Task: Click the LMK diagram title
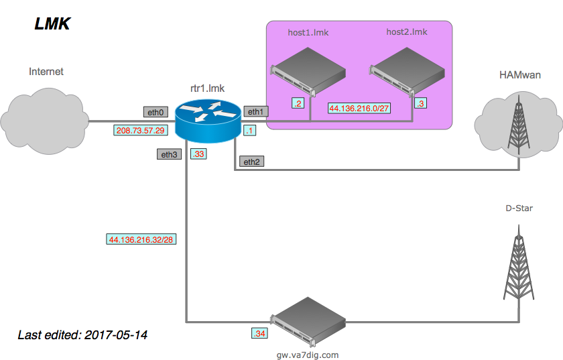point(52,24)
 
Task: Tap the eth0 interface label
point(155,112)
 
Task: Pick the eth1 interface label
point(255,112)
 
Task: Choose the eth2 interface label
point(251,162)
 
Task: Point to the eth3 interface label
point(168,155)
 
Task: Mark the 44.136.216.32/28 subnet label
point(141,239)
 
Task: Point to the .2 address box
point(298,103)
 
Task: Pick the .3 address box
point(420,103)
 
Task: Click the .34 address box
point(259,333)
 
